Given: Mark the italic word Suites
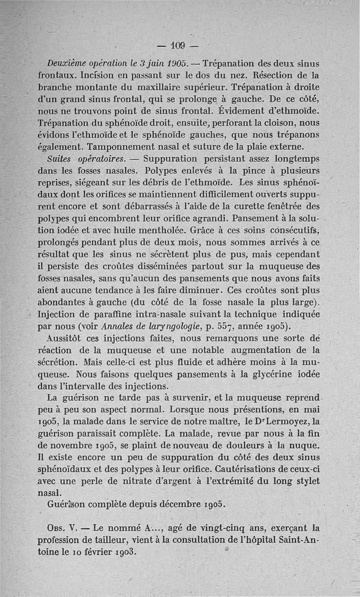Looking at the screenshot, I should [x=60, y=159].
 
